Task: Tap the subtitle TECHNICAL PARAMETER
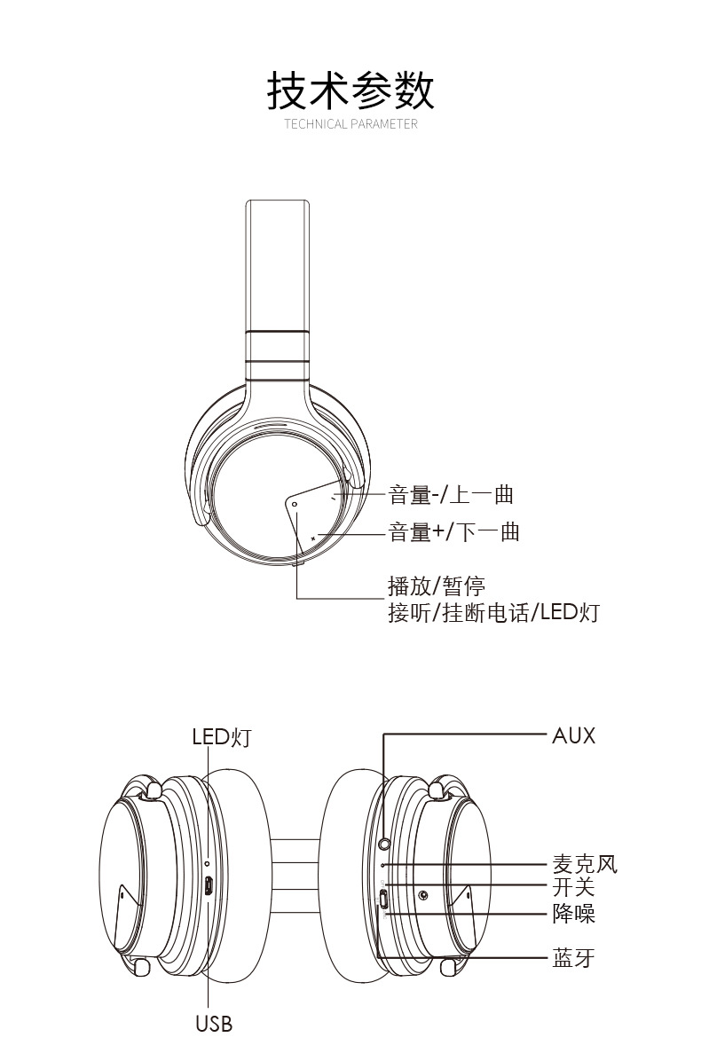[x=350, y=123]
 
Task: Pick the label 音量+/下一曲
[x=454, y=532]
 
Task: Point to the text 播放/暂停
[x=437, y=585]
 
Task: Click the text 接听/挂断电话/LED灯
[x=493, y=612]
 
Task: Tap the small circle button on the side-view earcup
[x=295, y=504]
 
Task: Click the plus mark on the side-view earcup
[x=313, y=538]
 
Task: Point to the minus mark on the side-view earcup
[x=334, y=499]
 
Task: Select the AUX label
[x=574, y=735]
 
